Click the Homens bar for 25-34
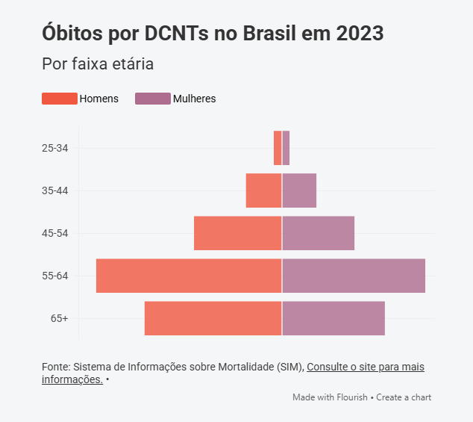(278, 148)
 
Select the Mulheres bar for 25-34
(286, 148)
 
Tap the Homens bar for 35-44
(263, 190)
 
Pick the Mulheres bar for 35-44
(299, 190)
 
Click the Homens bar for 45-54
(237, 233)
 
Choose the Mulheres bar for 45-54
(318, 233)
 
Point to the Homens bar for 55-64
(189, 276)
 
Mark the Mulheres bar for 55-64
(354, 276)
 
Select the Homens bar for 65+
(213, 318)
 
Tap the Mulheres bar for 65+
(333, 318)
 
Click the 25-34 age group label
(55, 148)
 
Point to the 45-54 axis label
(55, 233)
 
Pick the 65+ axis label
(60, 318)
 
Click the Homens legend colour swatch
(60, 99)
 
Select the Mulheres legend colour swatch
(153, 99)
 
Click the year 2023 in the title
(360, 34)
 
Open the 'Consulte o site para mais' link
(366, 367)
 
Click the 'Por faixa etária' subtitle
(98, 64)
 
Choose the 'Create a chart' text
(404, 397)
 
